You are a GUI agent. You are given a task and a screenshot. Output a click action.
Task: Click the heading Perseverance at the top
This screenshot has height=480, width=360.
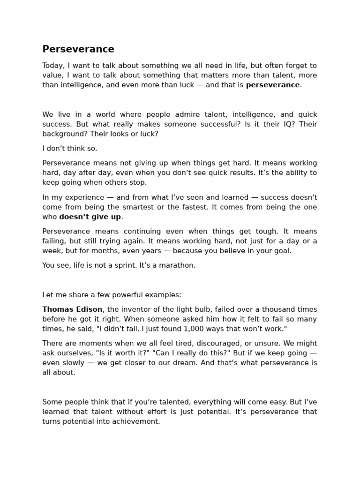(78, 49)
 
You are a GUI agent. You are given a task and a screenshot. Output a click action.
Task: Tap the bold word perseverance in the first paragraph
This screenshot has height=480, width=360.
(272, 85)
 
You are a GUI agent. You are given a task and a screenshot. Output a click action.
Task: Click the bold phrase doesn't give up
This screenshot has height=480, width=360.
(90, 217)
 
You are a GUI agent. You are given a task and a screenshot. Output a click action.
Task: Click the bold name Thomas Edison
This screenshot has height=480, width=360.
(72, 309)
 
